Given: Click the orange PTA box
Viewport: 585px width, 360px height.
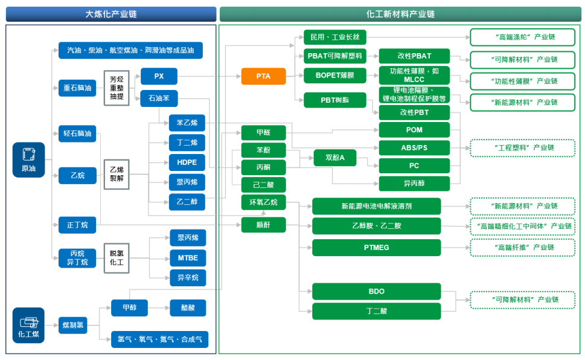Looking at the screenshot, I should tap(263, 76).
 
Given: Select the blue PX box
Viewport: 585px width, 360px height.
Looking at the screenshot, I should tap(159, 76).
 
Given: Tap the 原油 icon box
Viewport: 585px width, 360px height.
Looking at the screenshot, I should tap(28, 159).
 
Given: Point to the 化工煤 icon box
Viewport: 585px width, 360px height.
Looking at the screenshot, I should tap(28, 325).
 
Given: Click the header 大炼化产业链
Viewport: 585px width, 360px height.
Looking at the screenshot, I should tap(110, 14).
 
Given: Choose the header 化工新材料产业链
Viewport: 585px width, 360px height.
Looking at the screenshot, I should tap(400, 14).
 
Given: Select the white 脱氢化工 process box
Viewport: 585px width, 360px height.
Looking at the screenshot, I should tap(117, 258).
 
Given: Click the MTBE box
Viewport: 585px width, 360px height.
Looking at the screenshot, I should tap(188, 258).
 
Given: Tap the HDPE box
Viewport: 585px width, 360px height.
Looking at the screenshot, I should tap(187, 162).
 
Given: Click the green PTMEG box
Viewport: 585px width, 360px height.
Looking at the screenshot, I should tap(376, 247).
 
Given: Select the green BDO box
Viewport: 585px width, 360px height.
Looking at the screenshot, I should tap(376, 291).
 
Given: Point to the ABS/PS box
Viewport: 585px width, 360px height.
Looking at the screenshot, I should tap(414, 147).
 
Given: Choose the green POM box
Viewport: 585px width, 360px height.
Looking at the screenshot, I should tap(414, 130).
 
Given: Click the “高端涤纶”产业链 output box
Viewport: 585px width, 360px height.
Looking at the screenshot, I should tap(522, 37).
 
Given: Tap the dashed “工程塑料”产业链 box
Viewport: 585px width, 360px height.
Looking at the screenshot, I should tap(522, 148).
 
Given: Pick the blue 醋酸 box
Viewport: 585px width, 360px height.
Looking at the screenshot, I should tap(188, 307).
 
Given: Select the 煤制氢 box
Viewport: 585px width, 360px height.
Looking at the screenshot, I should tap(72, 325).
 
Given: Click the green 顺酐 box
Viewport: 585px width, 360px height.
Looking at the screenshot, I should tap(263, 225).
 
